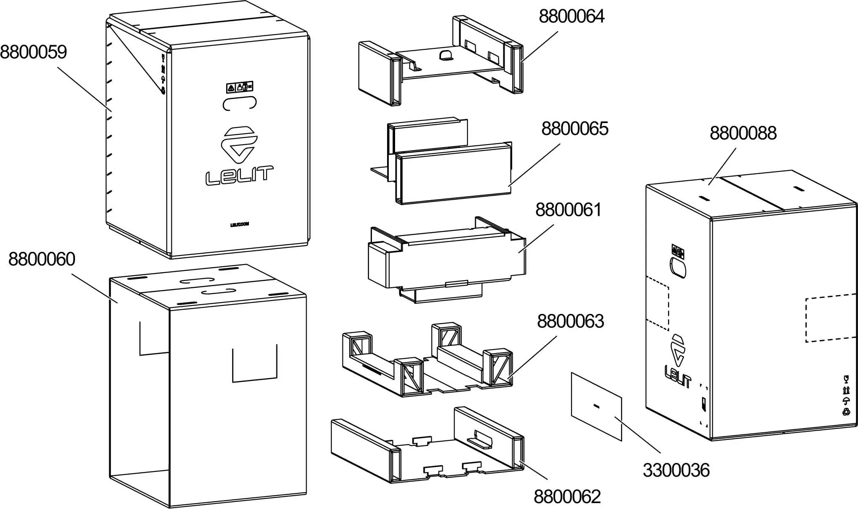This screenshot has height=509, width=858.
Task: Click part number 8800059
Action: coord(33,52)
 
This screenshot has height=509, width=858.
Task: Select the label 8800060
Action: coord(42,259)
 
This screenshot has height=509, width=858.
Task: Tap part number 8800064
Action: coord(572,16)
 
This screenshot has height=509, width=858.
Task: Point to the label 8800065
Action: coord(575,129)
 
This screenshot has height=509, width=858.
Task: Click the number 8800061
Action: coord(568,210)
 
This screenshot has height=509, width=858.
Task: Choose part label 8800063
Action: coord(570,321)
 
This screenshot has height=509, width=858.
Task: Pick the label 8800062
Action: coord(567,497)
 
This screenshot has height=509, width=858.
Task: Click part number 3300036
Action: coord(676,470)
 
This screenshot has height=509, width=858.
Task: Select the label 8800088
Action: coord(743,133)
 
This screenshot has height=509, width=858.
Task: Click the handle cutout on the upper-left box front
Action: coord(240,103)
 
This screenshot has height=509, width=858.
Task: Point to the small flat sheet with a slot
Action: coord(596,406)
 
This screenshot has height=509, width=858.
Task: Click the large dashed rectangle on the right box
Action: coord(830,319)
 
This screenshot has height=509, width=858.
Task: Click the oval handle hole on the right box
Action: coord(677,268)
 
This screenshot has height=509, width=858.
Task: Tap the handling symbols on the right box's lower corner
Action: coord(846,395)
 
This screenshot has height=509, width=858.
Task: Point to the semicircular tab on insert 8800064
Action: coord(445,55)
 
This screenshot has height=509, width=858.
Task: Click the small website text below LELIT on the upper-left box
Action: coord(239,224)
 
